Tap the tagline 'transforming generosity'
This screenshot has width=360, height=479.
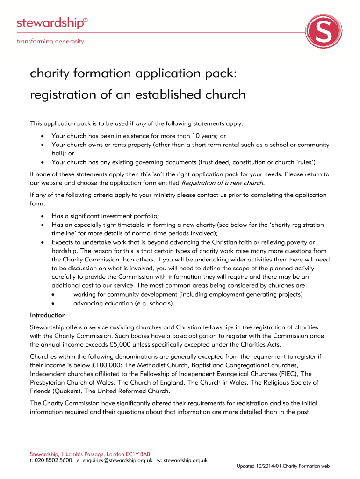(50, 41)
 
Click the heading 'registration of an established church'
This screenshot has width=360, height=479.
(137, 95)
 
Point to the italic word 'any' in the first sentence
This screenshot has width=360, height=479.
(140, 124)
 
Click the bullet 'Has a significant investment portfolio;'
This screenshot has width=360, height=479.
(105, 216)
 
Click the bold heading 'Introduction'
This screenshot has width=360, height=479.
(48, 315)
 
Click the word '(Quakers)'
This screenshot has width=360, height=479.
(67, 391)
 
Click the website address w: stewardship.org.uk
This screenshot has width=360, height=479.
(182, 461)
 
